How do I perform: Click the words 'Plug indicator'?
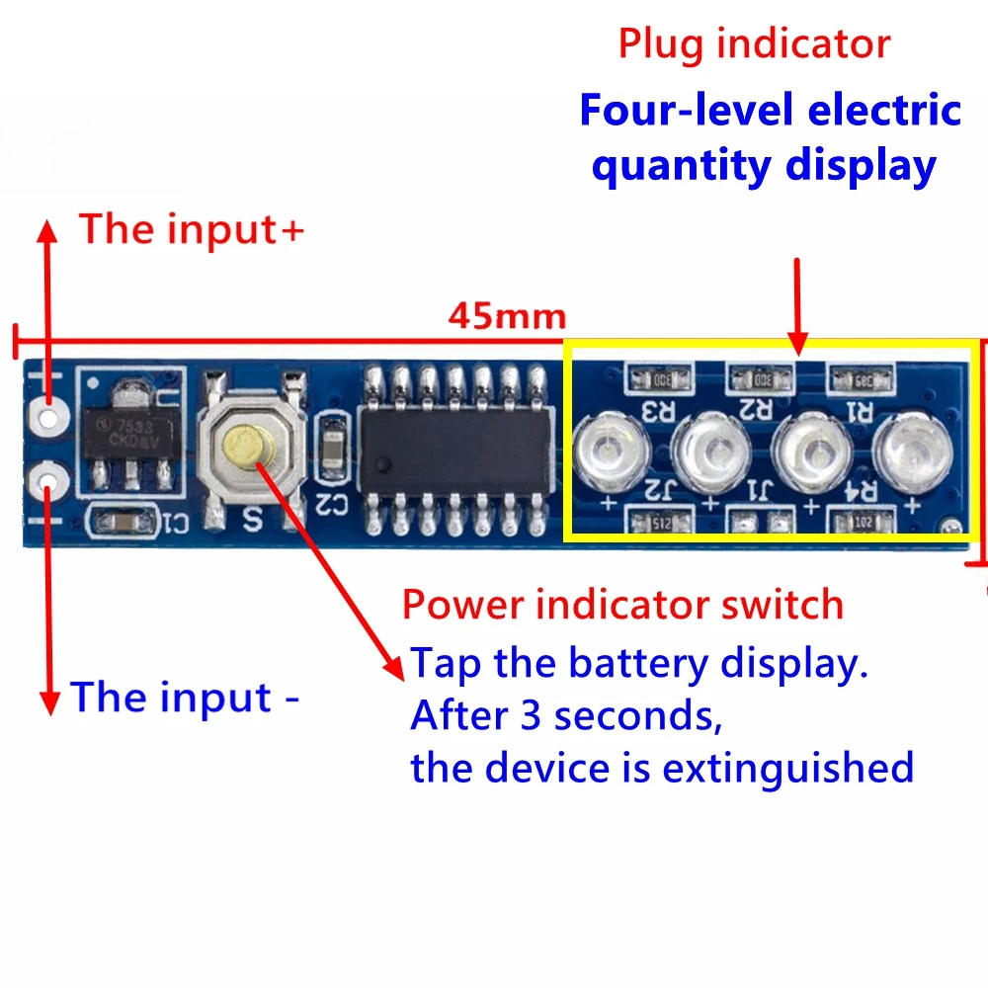(x=754, y=44)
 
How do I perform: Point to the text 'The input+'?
(x=193, y=228)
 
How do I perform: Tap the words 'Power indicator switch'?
(x=622, y=604)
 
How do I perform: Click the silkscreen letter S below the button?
(x=250, y=516)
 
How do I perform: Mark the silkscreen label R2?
(x=760, y=407)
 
